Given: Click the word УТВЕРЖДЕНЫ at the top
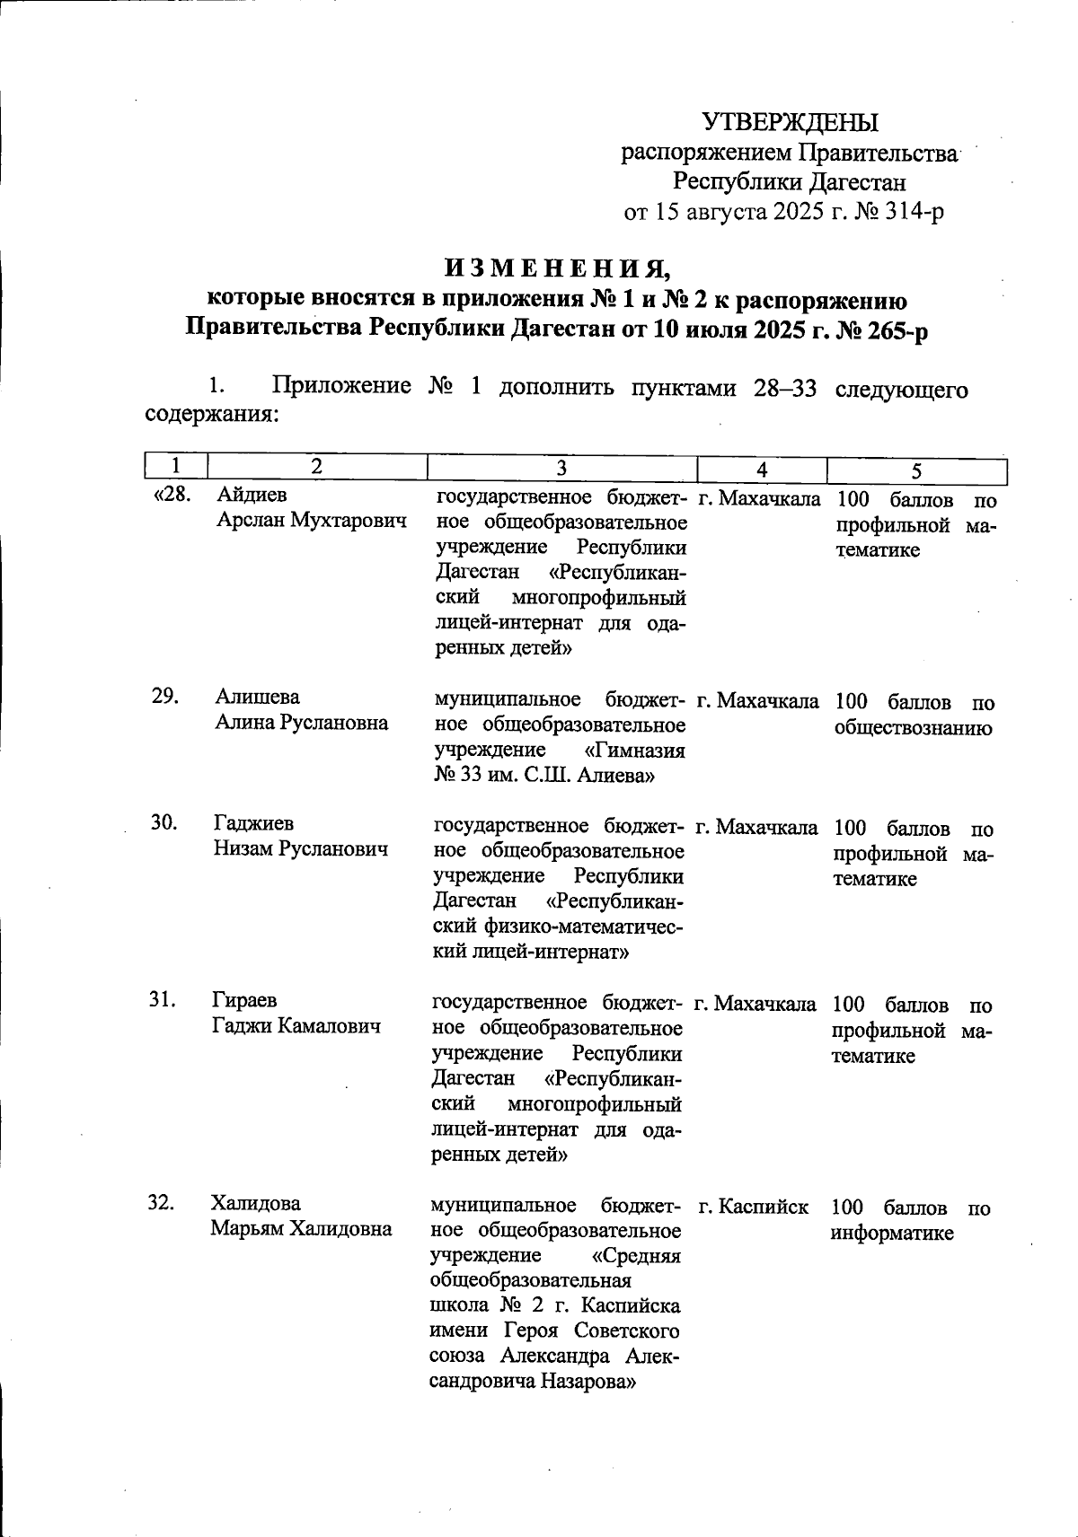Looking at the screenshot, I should pos(790,122).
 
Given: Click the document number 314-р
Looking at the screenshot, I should pos(911,212).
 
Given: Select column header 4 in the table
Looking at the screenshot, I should pos(762,469).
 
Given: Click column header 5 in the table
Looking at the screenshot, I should pos(916,470).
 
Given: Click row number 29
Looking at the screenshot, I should pos(164,698).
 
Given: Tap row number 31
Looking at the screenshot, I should pos(163,1000).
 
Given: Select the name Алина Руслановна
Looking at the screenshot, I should pos(302,723).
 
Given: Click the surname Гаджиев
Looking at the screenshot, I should pos(253,823).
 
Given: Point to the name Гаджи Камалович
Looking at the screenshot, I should pos(296,1026).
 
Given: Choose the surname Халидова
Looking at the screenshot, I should pos(256,1203).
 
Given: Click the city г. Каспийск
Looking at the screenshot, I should pos(753,1208).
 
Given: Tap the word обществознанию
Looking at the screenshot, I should pos(913,728).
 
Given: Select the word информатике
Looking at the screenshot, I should pos(892,1234).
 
